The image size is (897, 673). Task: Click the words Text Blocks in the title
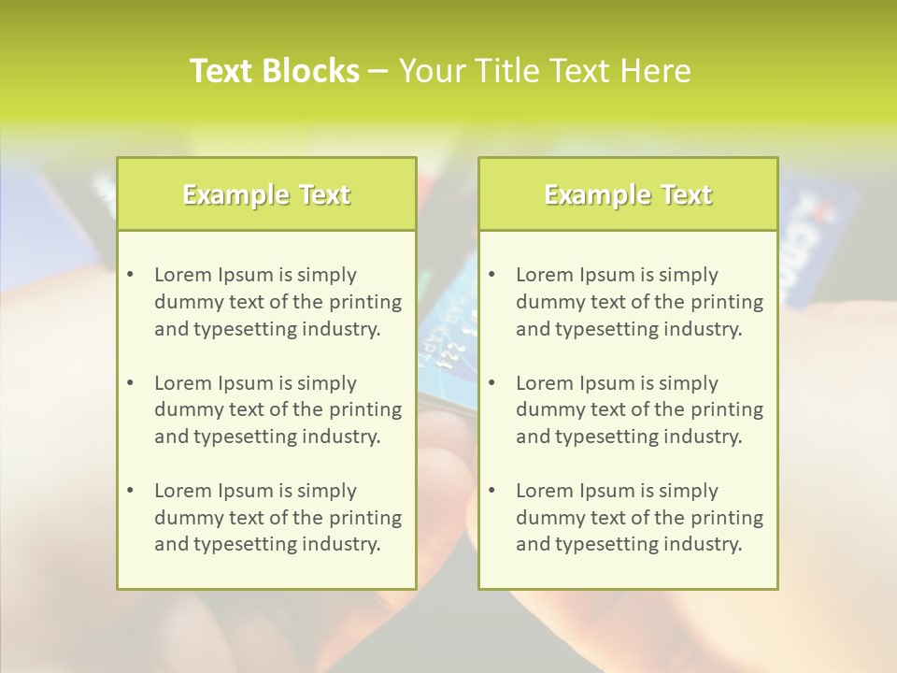point(275,71)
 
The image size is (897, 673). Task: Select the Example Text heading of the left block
point(266,194)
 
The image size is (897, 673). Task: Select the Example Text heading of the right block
point(628,194)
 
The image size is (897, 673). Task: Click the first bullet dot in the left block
point(130,275)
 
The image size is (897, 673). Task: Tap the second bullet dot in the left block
point(130,383)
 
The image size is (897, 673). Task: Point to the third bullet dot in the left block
point(130,491)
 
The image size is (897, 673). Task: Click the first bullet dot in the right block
point(491,275)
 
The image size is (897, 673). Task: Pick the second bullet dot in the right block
point(491,383)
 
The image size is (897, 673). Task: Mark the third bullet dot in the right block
point(491,491)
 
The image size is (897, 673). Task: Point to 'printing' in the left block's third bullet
point(367,518)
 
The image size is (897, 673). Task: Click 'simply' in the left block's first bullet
point(326,275)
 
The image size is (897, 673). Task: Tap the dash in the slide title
point(378,71)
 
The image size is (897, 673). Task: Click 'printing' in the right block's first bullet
point(729,302)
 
